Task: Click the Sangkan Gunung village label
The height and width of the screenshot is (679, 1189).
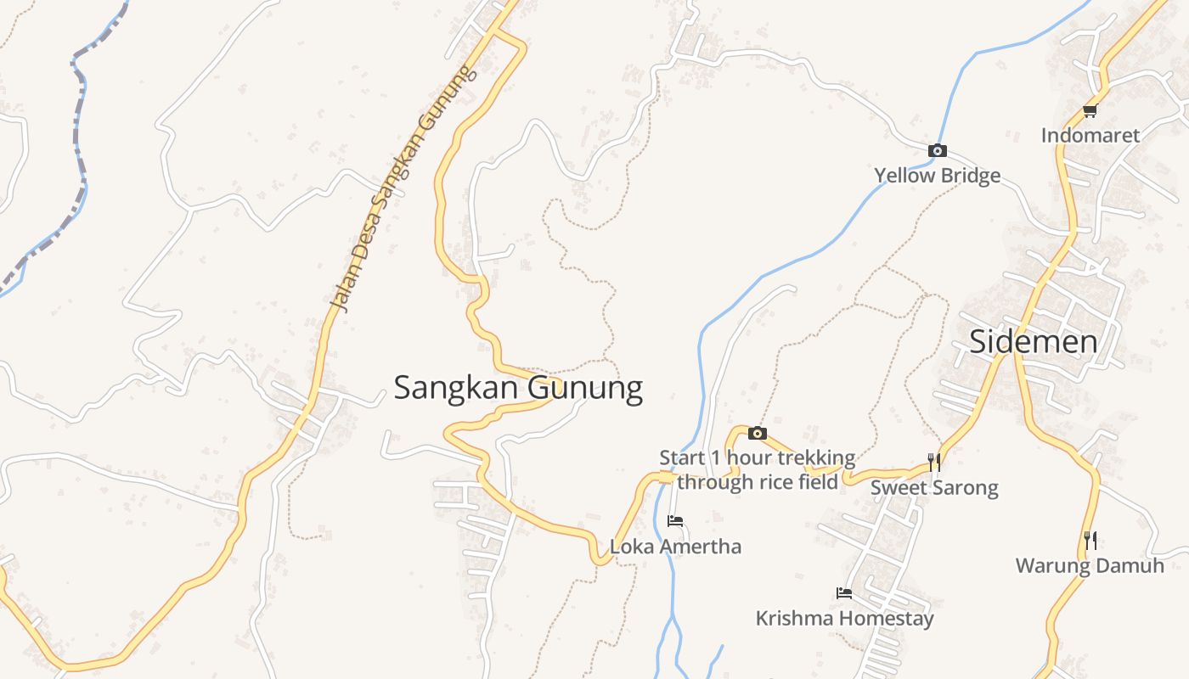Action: (518, 388)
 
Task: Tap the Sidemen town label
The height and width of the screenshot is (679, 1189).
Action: (1033, 342)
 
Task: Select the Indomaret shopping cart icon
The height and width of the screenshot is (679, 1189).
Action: (1090, 111)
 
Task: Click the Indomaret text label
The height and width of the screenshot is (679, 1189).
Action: (1090, 135)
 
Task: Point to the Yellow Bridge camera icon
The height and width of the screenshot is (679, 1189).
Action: (938, 151)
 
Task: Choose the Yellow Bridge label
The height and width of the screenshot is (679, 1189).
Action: (938, 176)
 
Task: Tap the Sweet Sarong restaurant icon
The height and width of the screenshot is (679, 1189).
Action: (934, 462)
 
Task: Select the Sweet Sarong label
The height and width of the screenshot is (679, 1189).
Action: (934, 488)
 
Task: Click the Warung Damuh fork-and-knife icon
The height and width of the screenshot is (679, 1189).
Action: (1090, 540)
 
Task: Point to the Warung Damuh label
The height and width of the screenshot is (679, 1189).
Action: (1090, 565)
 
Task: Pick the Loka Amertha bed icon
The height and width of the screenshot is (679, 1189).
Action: (675, 521)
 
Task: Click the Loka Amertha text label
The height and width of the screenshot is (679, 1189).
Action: (676, 547)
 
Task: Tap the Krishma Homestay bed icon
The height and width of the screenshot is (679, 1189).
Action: (844, 593)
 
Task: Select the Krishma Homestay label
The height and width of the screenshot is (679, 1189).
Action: (844, 618)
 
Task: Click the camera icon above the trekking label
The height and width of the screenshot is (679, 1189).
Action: (757, 434)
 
